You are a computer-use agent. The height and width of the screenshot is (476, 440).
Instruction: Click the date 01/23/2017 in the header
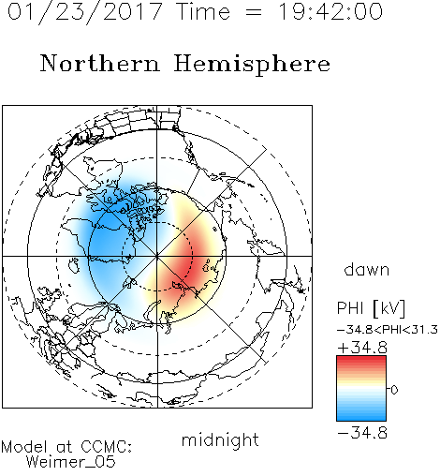tap(85, 12)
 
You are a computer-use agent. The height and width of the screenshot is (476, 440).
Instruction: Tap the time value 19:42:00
tap(330, 11)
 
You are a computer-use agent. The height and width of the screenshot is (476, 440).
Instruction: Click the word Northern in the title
tap(100, 63)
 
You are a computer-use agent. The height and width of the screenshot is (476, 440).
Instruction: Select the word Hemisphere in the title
tap(252, 65)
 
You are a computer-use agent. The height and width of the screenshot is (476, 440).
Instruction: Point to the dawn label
tap(367, 270)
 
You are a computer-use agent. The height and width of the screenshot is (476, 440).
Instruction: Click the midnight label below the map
tap(220, 440)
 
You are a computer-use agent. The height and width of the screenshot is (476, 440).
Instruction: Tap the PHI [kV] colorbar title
tap(371, 308)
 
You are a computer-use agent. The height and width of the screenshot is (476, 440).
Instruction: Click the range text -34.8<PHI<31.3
tap(388, 330)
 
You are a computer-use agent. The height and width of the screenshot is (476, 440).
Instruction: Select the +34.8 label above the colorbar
tap(362, 348)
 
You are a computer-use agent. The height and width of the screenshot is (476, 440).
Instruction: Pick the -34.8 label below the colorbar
tap(362, 433)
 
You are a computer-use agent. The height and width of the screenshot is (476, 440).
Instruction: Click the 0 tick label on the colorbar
tap(394, 390)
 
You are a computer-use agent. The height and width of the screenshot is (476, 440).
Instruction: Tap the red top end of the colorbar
tap(361, 359)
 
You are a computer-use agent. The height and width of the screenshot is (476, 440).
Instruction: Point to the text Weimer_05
tap(71, 462)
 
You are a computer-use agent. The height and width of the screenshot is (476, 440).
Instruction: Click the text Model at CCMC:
tap(66, 447)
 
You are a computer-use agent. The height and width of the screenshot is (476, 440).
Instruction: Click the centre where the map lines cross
tap(157, 257)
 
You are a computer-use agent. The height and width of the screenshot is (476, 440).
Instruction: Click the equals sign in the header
tap(254, 13)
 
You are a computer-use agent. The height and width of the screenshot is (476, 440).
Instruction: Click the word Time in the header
tap(203, 11)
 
